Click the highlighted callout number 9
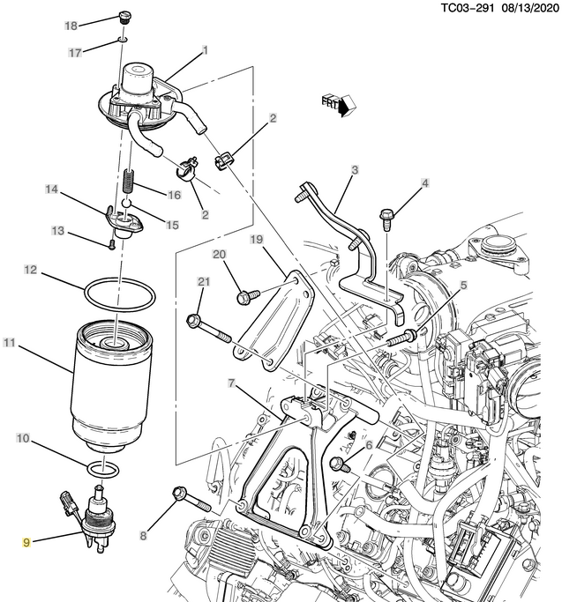click(x=26, y=542)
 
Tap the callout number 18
click(x=71, y=26)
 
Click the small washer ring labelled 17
click(x=123, y=39)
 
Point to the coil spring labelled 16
click(x=130, y=181)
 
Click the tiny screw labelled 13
click(x=111, y=244)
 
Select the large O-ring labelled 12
click(x=120, y=294)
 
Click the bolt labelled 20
click(x=248, y=297)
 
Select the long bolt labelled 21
click(x=208, y=328)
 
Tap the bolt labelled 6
click(x=340, y=464)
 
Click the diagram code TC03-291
click(x=467, y=8)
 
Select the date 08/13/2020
click(x=529, y=8)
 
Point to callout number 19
click(x=257, y=240)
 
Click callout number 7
click(x=231, y=383)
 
